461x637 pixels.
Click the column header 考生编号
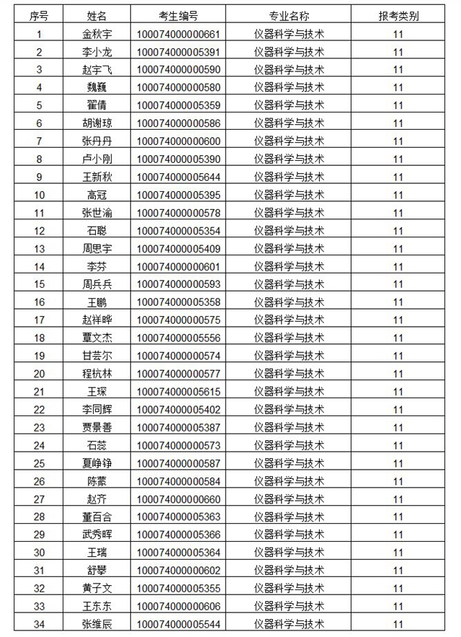[x=178, y=16]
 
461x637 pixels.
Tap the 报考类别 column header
[x=398, y=16]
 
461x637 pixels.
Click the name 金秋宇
[x=97, y=34]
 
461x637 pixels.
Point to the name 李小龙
[x=97, y=52]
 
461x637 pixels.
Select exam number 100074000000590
[x=178, y=70]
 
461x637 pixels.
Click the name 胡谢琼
[x=97, y=123]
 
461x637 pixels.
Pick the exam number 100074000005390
[x=178, y=159]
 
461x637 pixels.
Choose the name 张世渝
[x=97, y=213]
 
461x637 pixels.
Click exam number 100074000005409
[x=178, y=249]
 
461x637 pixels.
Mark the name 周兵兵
[x=97, y=284]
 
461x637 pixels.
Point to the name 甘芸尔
[x=97, y=356]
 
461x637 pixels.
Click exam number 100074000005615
[x=178, y=391]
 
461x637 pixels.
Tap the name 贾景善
[x=97, y=427]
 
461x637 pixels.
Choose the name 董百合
[x=97, y=517]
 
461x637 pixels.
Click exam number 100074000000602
[x=178, y=570]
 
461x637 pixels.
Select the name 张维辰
[x=97, y=623]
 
